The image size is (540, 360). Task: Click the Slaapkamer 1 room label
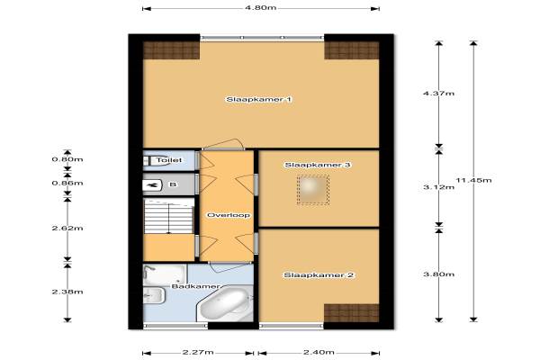pos(258,100)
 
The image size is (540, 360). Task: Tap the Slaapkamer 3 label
pos(317,165)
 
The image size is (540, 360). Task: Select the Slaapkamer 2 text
pos(319,275)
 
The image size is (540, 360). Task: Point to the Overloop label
pos(229,215)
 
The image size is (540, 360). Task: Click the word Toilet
pos(169,160)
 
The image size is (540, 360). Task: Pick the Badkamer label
pos(195,286)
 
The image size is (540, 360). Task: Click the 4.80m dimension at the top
pos(261,7)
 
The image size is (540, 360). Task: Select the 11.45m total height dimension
pos(474,180)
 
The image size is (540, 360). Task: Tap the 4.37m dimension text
pos(439,94)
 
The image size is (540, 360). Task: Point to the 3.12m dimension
pos(439,187)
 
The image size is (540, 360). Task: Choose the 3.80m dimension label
pos(439,274)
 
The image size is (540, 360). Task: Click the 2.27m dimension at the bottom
pos(198,353)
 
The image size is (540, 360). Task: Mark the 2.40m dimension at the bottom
pos(319,353)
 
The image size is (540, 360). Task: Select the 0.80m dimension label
pos(67,159)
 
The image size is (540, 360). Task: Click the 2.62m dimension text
pos(67,228)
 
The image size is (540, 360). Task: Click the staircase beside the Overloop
pos(169,216)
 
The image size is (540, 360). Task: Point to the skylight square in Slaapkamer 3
pos(312,190)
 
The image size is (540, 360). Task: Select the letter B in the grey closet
pos(173,184)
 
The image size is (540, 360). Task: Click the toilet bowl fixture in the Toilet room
pos(157,160)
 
